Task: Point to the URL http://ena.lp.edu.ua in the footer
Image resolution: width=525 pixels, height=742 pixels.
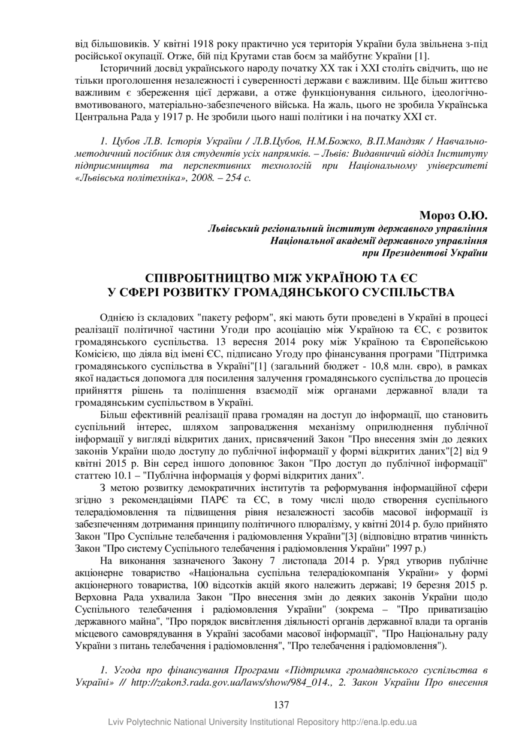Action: (x=379, y=722)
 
